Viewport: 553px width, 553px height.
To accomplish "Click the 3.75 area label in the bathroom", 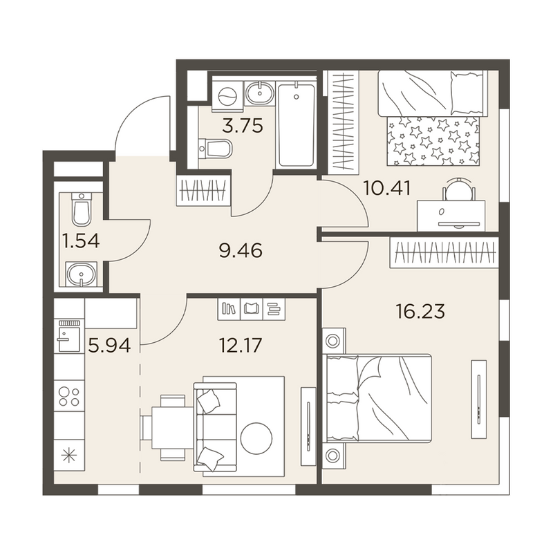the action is pos(243,126).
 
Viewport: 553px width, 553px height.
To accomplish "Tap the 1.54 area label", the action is pos(81,241).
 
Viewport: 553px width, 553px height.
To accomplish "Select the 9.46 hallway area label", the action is pos(241,251).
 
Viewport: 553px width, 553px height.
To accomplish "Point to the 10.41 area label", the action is pos(387,188).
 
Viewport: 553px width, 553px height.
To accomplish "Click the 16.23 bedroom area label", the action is pos(420,312).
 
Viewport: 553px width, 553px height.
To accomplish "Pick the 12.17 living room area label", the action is pos(241,345).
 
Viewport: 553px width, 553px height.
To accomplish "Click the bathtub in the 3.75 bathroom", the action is pos(297,124).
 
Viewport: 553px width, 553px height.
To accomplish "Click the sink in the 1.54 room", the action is pos(82,273).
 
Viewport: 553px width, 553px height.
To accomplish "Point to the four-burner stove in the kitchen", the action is pos(70,396).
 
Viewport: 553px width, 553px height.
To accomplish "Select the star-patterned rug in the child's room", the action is pos(433,141).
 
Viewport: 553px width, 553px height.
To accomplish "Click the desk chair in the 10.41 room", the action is pos(459,188).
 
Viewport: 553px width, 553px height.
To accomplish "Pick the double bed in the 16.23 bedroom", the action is pos(377,398).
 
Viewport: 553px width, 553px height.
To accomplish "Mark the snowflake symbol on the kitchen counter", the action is pos(69,456).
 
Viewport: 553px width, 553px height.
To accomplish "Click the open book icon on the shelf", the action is pos(252,309).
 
